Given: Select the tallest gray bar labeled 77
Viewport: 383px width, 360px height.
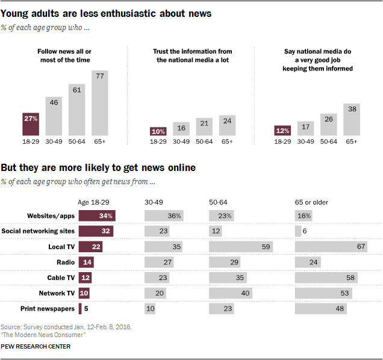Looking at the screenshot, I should click(x=100, y=102).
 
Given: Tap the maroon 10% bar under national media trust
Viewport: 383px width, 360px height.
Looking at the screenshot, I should click(x=158, y=131).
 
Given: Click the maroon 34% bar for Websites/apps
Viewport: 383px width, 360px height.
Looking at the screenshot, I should click(x=97, y=216).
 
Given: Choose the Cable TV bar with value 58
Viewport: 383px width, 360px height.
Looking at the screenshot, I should click(x=326, y=278).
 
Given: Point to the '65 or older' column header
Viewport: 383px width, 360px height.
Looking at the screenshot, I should click(x=311, y=202).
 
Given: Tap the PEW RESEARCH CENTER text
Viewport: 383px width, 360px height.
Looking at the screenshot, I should click(x=36, y=346).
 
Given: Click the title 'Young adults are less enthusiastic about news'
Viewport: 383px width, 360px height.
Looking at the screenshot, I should click(x=105, y=13).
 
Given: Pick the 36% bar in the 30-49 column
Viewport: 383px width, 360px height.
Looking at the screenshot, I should click(x=164, y=216).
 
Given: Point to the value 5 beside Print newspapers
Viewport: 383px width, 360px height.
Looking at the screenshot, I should click(x=86, y=309).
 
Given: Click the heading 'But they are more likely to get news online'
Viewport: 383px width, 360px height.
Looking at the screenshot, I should click(x=98, y=168).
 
